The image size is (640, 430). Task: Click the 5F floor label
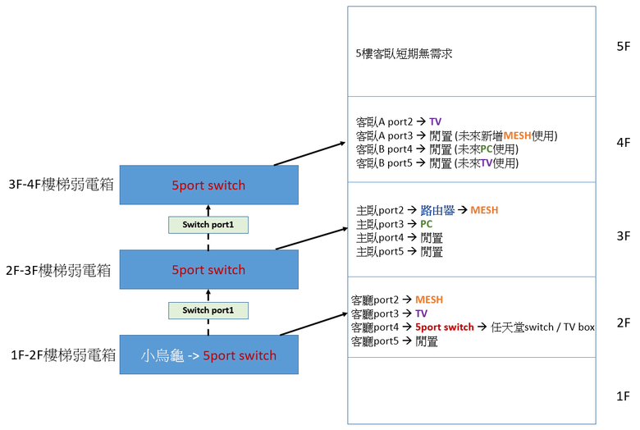point(624,46)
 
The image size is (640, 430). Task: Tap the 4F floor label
point(624,143)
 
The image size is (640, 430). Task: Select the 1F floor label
point(624,396)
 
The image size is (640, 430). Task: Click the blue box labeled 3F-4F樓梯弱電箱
point(209,185)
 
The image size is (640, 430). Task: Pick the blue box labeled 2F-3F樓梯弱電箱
point(209,269)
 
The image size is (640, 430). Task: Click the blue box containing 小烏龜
point(209,355)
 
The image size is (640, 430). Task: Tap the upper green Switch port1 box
point(208,225)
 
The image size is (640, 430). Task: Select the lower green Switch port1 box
point(208,310)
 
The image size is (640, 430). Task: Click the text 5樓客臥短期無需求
point(404,53)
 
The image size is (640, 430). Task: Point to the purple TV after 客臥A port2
point(436,121)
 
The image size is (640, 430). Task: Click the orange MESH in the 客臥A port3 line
point(518,135)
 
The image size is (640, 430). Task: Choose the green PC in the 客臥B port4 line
point(487,149)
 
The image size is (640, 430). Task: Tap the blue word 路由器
point(437,210)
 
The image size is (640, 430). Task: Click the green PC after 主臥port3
point(426,224)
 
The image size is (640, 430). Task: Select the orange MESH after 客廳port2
point(429,300)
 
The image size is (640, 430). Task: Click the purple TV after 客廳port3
point(421,313)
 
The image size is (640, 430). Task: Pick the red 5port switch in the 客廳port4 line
point(445,327)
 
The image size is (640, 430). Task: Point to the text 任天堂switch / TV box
point(542,327)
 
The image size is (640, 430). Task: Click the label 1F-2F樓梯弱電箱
point(63,355)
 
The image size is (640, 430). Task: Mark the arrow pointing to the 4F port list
point(310,153)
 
